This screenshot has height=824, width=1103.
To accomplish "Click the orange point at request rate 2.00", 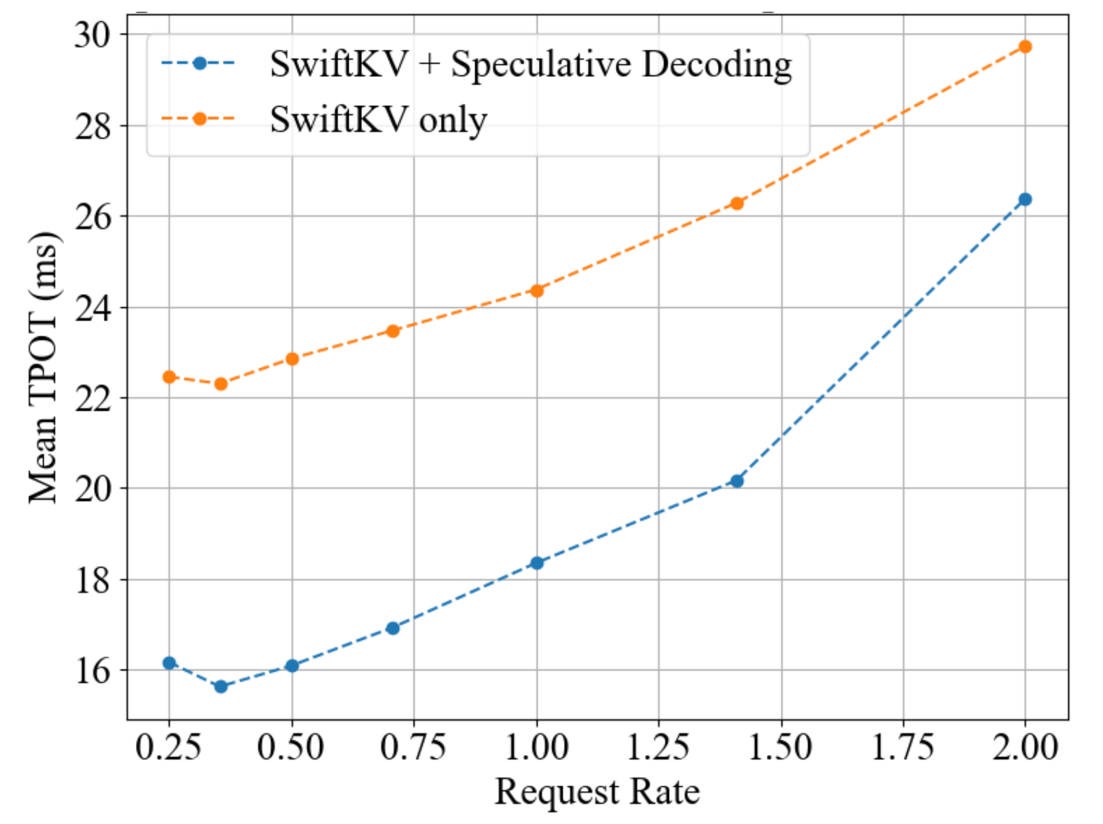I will point(1025,46).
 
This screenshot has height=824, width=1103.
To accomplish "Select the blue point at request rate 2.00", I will point(1025,199).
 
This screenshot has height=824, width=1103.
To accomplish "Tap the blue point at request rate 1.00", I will point(537,563).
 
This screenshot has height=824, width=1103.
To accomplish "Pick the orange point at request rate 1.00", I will point(537,290).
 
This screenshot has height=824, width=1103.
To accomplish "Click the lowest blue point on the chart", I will point(221,686).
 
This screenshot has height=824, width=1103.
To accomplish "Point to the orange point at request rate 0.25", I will point(169,377).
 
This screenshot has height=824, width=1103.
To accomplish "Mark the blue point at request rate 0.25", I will point(169,663).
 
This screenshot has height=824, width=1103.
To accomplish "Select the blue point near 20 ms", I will point(736,481).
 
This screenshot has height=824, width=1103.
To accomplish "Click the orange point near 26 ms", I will point(736,203).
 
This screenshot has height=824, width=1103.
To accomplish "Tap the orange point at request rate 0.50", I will point(292,359).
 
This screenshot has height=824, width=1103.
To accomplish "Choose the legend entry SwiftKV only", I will point(378,120).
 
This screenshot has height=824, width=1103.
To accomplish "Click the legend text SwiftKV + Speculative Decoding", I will point(530,65).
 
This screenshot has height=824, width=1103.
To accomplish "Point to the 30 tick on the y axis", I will point(92,34).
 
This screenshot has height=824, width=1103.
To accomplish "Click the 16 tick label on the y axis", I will point(92,671).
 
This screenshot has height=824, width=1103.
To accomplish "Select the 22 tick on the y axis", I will point(92,399).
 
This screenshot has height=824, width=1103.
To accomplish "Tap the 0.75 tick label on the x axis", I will point(413,748).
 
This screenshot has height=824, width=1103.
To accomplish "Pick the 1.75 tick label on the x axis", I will point(903,748).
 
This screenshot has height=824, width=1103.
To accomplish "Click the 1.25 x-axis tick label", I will point(658,748).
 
